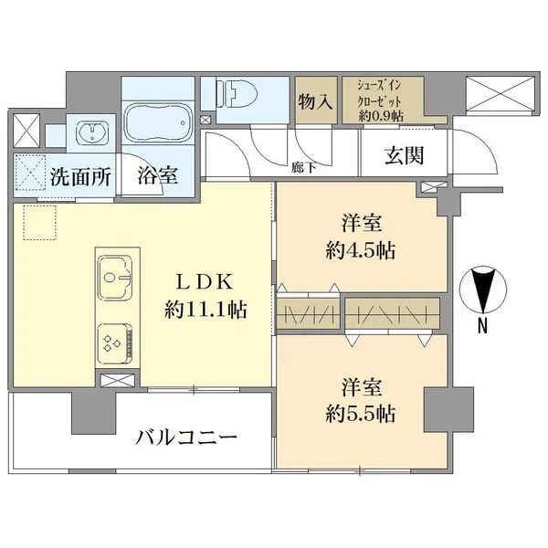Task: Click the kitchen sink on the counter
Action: (116, 274)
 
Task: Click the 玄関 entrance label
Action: (403, 156)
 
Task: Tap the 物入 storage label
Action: (314, 101)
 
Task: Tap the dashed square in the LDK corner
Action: (40, 223)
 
